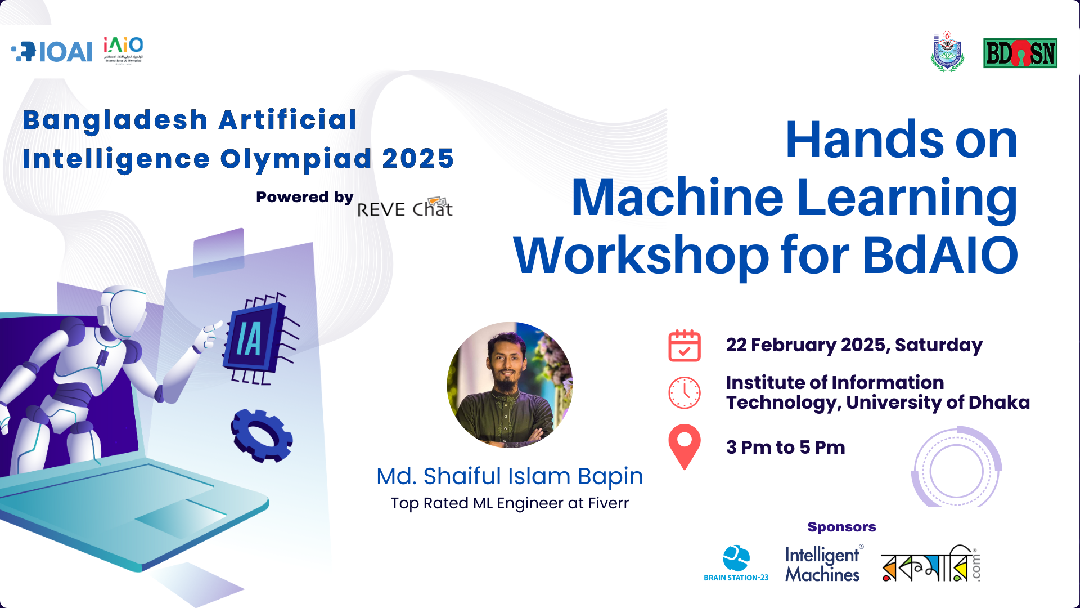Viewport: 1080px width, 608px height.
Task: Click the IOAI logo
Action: point(52,52)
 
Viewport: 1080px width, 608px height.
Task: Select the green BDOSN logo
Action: point(1020,53)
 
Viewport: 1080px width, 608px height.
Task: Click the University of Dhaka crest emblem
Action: point(947,52)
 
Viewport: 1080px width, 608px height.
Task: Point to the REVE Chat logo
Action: point(405,208)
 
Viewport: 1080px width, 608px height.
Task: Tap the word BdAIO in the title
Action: point(940,256)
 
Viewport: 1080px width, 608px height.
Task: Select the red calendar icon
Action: point(684,345)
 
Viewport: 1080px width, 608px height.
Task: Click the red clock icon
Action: point(684,392)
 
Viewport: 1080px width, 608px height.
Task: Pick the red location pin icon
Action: point(684,445)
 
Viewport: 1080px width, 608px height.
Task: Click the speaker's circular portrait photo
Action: point(510,385)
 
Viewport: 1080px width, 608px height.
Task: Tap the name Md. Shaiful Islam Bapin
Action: point(510,476)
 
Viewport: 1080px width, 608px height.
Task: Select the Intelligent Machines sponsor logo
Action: point(822,564)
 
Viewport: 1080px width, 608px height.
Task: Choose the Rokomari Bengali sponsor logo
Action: point(929,564)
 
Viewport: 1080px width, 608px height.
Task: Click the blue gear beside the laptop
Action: point(262,436)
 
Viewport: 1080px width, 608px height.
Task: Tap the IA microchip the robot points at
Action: point(256,338)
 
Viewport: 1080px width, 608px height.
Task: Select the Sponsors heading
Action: point(841,527)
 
